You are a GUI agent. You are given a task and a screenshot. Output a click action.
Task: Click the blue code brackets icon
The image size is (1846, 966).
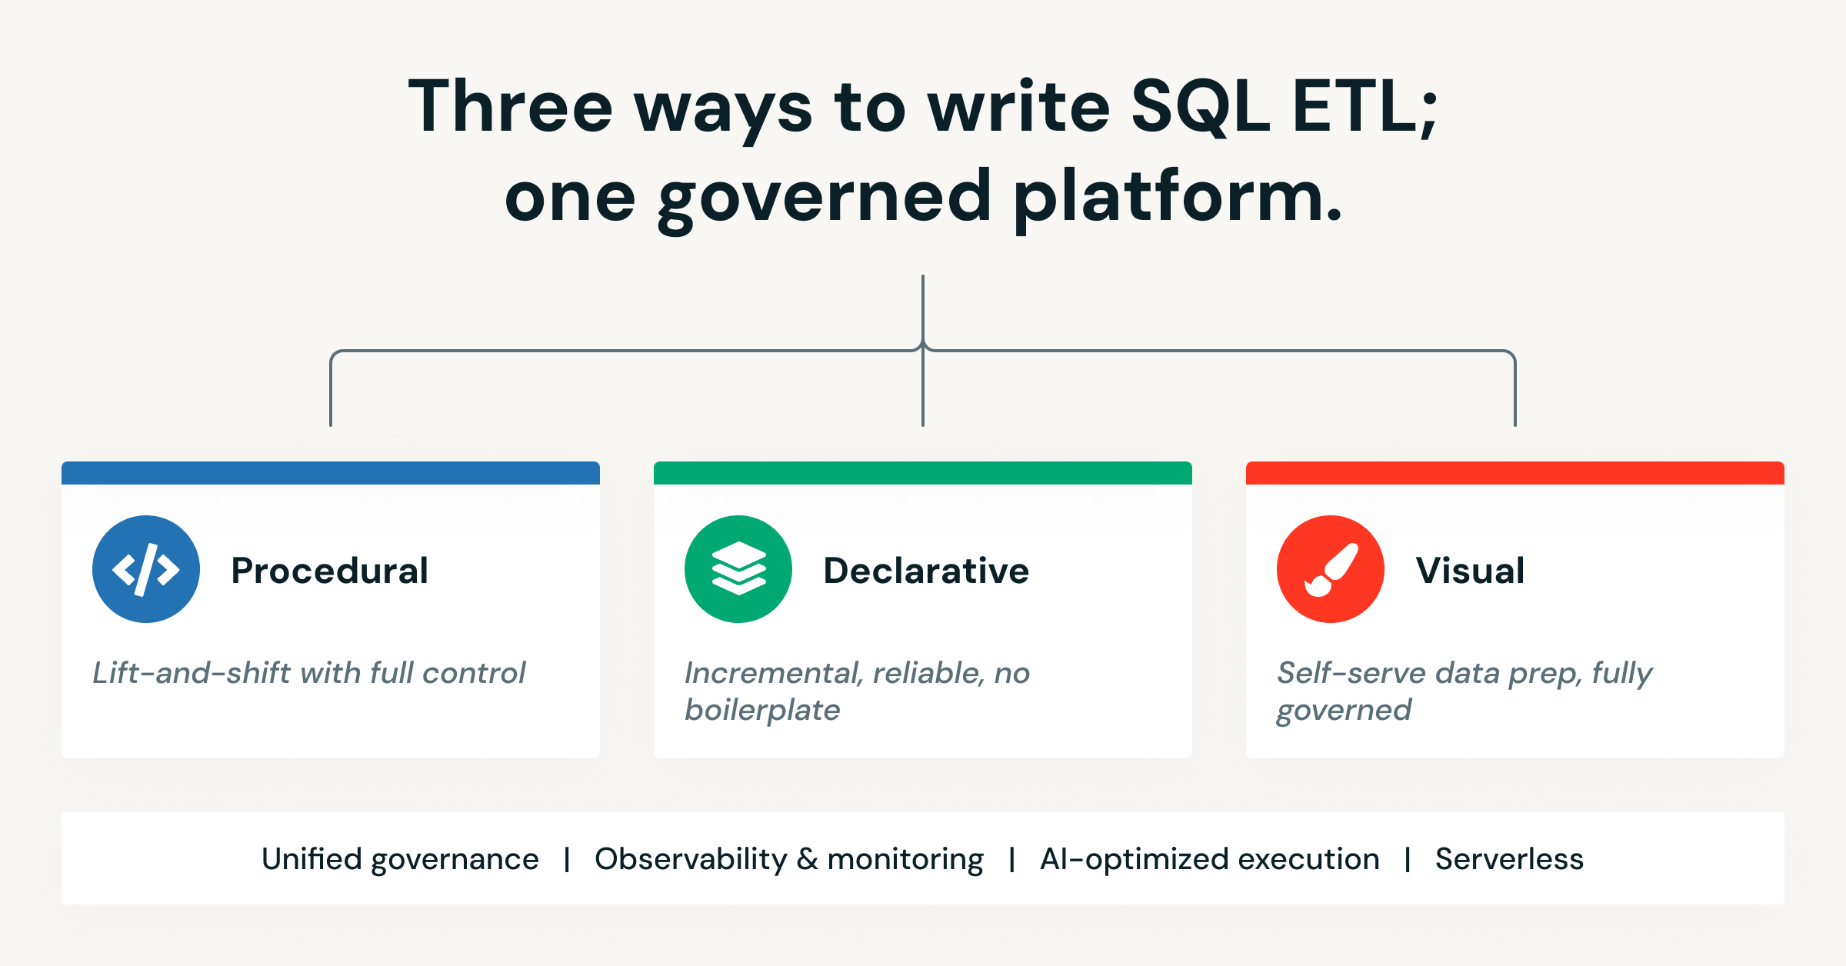click(x=146, y=569)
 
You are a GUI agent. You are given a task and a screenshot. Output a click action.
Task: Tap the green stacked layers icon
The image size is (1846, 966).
click(x=738, y=569)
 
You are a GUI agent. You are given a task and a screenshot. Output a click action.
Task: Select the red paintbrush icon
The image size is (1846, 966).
click(x=1331, y=569)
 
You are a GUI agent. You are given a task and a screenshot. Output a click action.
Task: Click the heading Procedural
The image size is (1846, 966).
click(x=329, y=571)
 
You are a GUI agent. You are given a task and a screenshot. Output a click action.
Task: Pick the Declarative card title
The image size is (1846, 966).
click(x=925, y=571)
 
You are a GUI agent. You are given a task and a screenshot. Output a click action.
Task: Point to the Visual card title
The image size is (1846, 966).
click(x=1470, y=571)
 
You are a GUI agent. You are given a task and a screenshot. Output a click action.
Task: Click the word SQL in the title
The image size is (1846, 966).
click(x=1200, y=108)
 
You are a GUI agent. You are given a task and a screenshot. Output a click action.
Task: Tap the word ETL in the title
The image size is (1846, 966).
click(x=1358, y=108)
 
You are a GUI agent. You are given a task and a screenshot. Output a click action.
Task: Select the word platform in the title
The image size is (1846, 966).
click(x=1177, y=198)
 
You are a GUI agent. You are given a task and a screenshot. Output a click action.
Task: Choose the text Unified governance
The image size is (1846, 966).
click(x=400, y=859)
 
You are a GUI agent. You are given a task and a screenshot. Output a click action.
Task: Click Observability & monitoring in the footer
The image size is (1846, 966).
click(x=788, y=859)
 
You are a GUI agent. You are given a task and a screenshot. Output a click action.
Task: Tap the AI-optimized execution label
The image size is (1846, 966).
click(x=1209, y=859)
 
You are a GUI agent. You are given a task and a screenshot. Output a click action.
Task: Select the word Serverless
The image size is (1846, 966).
click(x=1509, y=859)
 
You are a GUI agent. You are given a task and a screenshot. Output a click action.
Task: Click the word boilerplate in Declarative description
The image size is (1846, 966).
click(x=762, y=710)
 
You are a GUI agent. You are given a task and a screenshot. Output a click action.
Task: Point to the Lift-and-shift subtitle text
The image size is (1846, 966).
click(x=308, y=673)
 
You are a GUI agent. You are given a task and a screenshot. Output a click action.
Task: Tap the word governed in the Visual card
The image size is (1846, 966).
click(x=1344, y=710)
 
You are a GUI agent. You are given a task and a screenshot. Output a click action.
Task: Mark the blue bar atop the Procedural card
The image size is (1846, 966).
click(x=331, y=473)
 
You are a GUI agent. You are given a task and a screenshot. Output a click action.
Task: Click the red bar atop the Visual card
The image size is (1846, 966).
click(x=1515, y=473)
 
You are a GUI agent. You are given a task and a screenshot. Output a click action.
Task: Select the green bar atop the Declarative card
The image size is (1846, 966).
click(x=923, y=473)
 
